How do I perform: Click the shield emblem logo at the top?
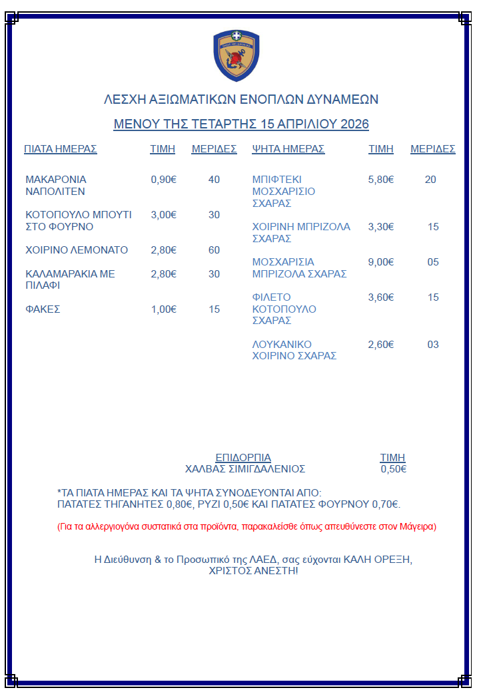(237, 56)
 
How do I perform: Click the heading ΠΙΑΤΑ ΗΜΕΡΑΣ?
(61, 149)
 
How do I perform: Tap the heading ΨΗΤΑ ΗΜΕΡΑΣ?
(288, 149)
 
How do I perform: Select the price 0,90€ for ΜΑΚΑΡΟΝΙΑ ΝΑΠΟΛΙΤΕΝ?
(164, 180)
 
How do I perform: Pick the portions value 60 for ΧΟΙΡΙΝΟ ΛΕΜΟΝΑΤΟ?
(214, 250)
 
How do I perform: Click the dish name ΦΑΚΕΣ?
(43, 309)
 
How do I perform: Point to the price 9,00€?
(381, 262)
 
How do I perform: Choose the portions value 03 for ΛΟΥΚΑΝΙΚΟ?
(433, 345)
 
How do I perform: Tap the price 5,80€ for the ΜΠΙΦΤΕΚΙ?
(381, 180)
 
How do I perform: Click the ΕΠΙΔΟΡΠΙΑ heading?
(243, 458)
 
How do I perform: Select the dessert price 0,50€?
(393, 469)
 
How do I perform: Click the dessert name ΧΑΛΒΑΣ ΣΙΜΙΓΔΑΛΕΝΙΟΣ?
(245, 469)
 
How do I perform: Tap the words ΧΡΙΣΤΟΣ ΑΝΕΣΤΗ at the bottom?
(253, 571)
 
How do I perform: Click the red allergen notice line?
(246, 527)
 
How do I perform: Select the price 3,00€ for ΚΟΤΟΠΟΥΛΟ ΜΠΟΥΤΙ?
(164, 215)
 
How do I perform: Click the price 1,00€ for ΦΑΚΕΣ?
(164, 309)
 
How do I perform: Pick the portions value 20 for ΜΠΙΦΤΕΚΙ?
(430, 180)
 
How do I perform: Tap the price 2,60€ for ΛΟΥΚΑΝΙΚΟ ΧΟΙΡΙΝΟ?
(381, 345)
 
